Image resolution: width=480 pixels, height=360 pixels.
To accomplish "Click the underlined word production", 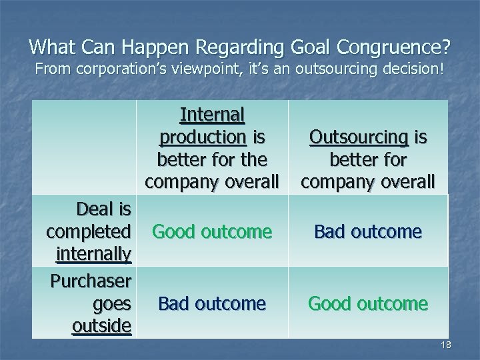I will coord(203,139).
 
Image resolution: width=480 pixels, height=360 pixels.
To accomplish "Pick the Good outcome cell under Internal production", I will coord(211,231).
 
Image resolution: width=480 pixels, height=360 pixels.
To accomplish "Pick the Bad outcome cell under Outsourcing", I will coord(368,231).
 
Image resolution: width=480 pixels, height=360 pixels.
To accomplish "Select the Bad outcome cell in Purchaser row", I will coord(211,303).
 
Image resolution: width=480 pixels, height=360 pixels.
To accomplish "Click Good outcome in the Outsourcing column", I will coord(368,303).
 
